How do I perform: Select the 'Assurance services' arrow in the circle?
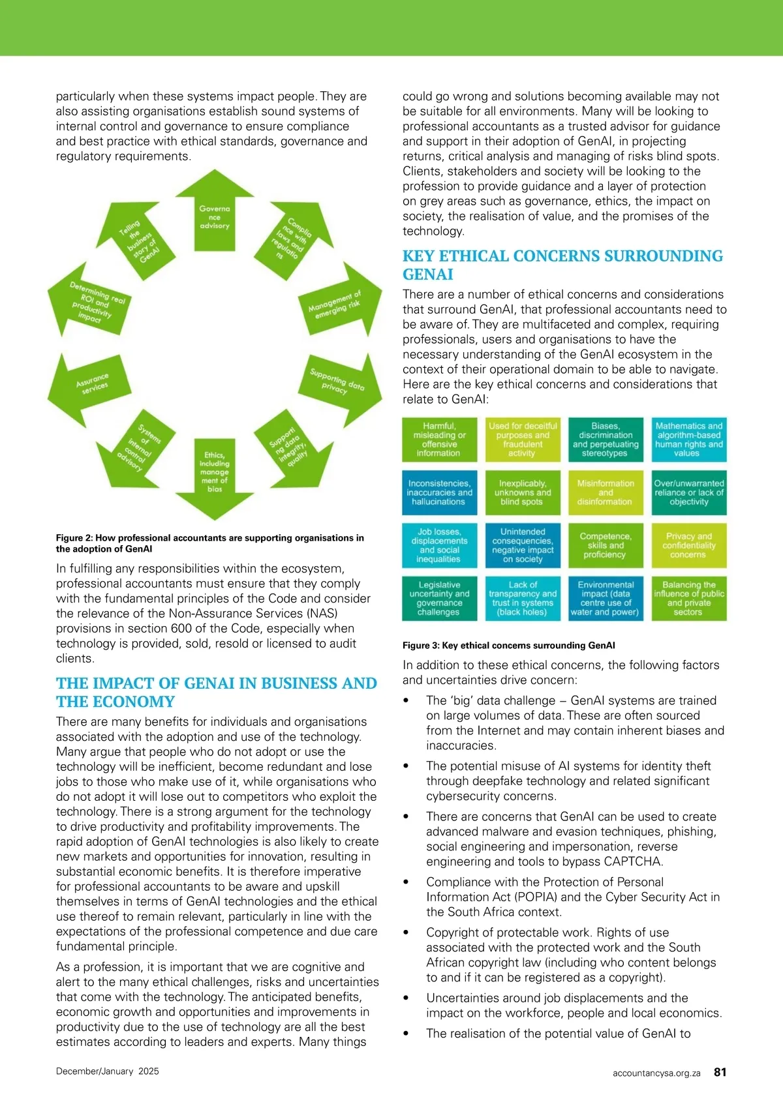(91, 384)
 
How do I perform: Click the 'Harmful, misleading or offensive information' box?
(439, 440)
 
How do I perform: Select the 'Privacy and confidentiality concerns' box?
(688, 545)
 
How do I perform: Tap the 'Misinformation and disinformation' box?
(605, 492)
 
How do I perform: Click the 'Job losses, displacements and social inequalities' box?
(439, 545)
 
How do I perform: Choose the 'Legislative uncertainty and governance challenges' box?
(439, 598)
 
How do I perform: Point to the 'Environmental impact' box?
(605, 598)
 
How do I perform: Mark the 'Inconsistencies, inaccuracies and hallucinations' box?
(439, 492)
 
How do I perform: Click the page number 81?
(720, 1071)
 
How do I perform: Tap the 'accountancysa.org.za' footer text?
(656, 1073)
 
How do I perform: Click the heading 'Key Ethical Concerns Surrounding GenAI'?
(562, 265)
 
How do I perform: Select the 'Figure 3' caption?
(508, 646)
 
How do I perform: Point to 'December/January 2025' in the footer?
(108, 1071)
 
